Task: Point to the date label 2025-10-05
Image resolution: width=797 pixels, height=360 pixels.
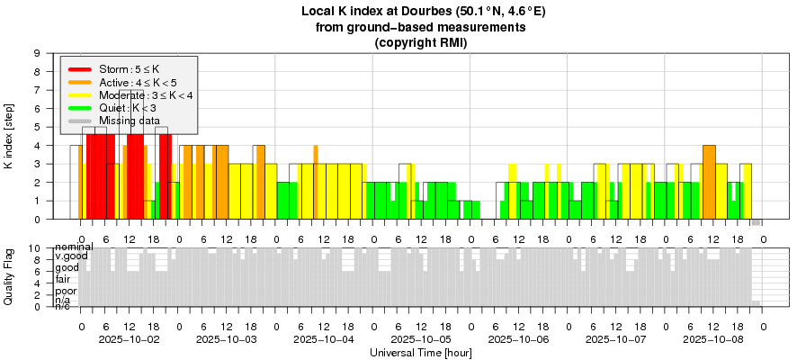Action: pos(421,339)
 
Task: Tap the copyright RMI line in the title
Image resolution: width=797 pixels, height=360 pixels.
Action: pos(421,42)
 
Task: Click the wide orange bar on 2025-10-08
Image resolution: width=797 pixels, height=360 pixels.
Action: pos(709,181)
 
